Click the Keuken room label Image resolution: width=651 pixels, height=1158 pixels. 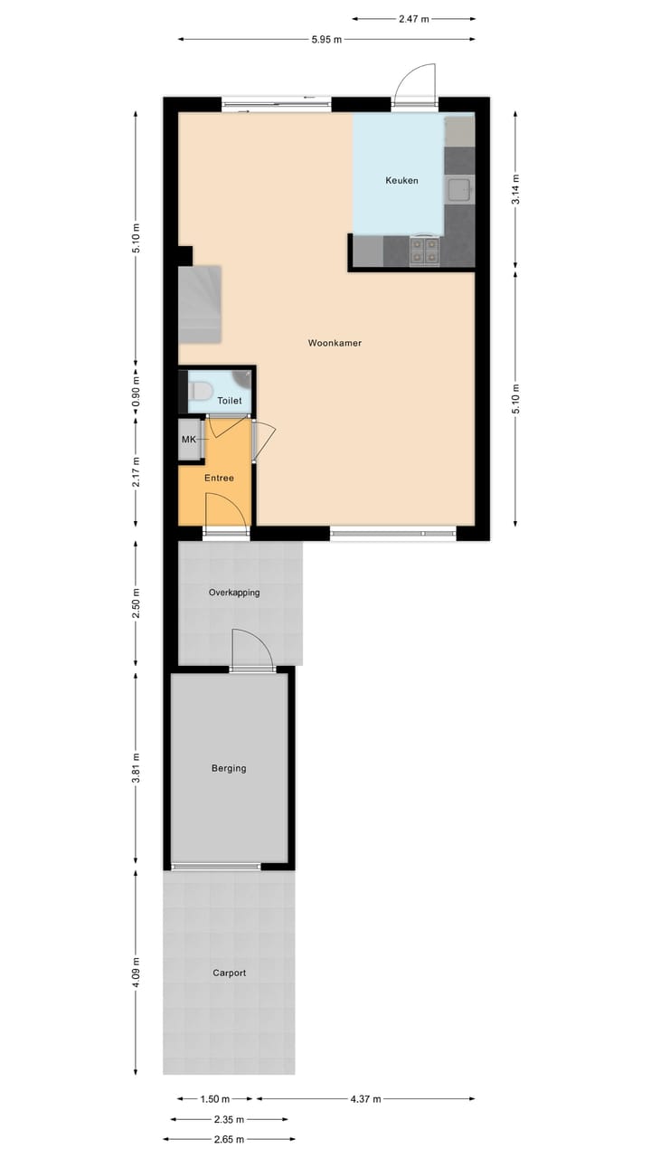[401, 181]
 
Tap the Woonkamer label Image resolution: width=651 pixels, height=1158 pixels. [335, 343]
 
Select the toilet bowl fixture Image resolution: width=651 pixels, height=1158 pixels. [202, 391]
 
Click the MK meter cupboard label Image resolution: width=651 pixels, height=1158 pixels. [188, 440]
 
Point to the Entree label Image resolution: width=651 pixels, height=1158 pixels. [219, 478]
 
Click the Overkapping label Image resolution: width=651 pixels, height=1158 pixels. [234, 593]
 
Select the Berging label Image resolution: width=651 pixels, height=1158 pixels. [229, 768]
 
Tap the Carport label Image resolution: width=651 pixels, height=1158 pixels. [229, 973]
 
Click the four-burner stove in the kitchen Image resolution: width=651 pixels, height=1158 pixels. [425, 251]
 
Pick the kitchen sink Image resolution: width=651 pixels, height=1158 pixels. [459, 190]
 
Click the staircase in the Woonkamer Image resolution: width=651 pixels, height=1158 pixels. [201, 304]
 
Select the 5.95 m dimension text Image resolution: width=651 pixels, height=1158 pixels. [326, 40]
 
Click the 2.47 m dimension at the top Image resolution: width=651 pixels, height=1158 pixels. [413, 18]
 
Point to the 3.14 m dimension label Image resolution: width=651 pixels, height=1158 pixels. [515, 188]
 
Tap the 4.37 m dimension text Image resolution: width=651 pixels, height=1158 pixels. [364, 1099]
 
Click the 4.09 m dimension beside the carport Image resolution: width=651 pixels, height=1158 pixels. [137, 973]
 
